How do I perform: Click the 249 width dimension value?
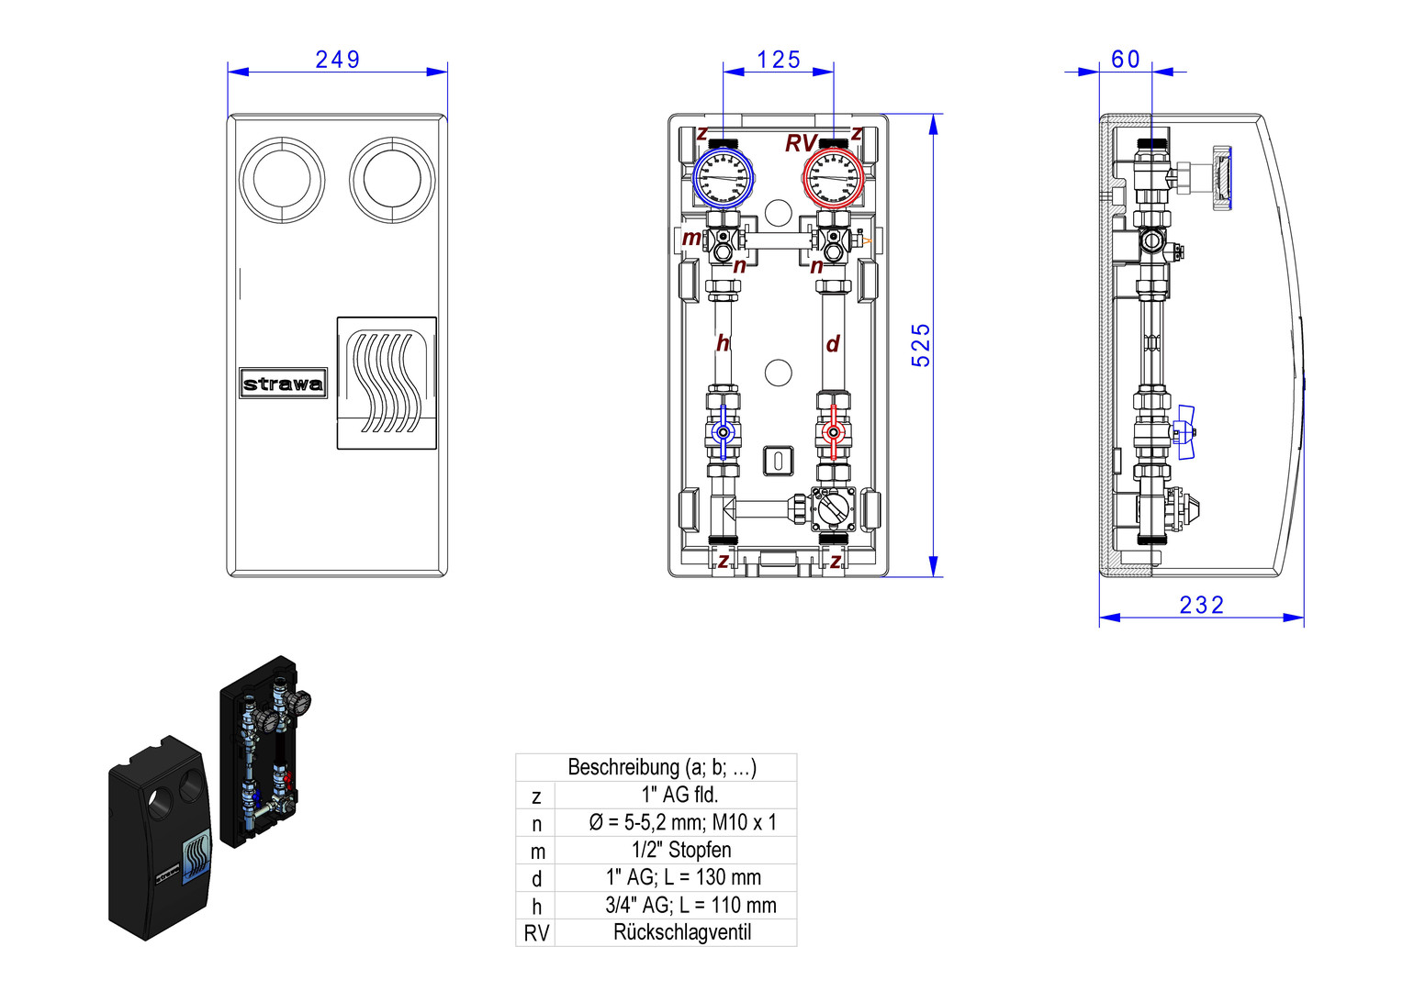click(337, 60)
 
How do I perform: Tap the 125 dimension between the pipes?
click(779, 60)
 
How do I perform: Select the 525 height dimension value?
click(921, 345)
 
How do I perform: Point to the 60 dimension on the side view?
click(1126, 60)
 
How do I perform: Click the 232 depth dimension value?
click(1201, 606)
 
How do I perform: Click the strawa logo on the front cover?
click(283, 384)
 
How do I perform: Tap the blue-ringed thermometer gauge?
click(723, 178)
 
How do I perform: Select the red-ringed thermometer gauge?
click(834, 178)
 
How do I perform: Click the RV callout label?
click(800, 144)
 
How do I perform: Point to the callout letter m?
click(690, 239)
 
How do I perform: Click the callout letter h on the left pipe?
click(723, 344)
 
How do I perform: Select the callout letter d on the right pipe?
click(833, 344)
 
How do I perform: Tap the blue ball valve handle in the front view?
click(724, 432)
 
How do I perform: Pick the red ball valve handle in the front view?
click(834, 432)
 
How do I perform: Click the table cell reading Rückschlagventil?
click(681, 932)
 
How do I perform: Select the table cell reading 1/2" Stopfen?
click(681, 850)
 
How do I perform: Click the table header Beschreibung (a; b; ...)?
click(661, 767)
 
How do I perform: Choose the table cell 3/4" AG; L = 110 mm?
click(690, 905)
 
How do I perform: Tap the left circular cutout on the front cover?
click(282, 180)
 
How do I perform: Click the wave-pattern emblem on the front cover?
click(387, 383)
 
